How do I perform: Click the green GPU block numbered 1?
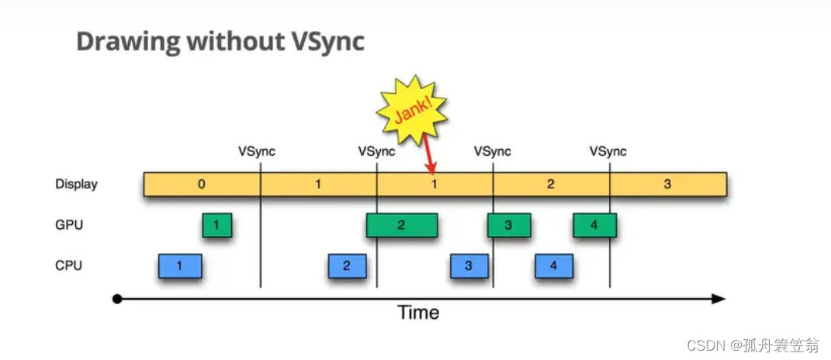coord(216,225)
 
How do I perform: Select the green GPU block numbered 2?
coord(401,225)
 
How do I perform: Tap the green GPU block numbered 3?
coord(509,225)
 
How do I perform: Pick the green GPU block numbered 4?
coord(594,225)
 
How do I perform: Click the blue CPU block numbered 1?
coord(179,266)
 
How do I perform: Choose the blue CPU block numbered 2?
coord(347,266)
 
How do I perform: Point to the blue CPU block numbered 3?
coord(469,266)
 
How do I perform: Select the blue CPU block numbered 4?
coord(553,266)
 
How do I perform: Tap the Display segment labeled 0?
coord(202,185)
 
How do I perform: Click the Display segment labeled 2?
coord(551,185)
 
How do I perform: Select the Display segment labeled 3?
coord(667,185)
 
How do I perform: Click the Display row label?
coord(76,185)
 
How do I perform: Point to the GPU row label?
coord(69,225)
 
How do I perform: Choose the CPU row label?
coord(68,265)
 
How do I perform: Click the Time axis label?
coord(418,313)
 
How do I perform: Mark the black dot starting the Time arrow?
coord(117,299)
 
